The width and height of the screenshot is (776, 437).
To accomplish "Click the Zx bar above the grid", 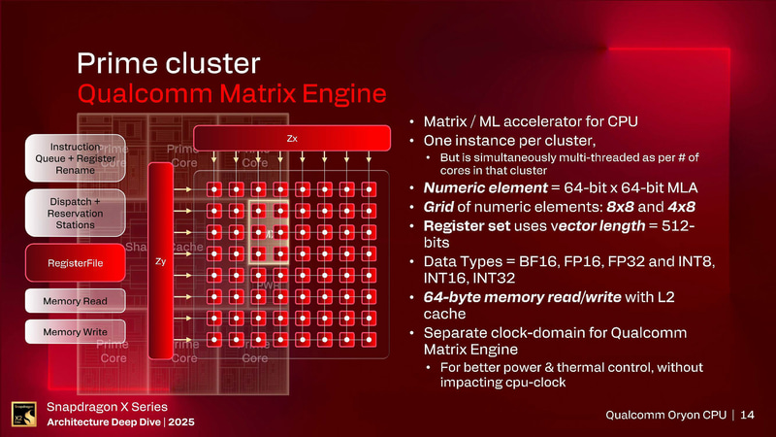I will pos(292,139).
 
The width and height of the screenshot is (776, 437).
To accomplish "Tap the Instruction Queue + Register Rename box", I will pos(71,156).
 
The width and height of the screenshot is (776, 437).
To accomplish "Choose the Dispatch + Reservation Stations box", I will pos(71,212).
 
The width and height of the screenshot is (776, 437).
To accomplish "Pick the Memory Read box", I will pos(71,302).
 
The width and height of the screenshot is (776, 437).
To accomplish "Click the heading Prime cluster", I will pos(168,63).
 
